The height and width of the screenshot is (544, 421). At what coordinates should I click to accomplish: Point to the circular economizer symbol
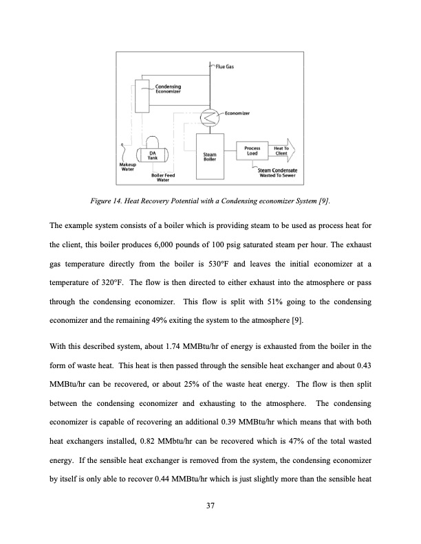click(x=207, y=117)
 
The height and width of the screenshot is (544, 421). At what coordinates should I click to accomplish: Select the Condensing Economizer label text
click(x=169, y=89)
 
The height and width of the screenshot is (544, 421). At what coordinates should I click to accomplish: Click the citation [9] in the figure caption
click(x=323, y=200)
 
